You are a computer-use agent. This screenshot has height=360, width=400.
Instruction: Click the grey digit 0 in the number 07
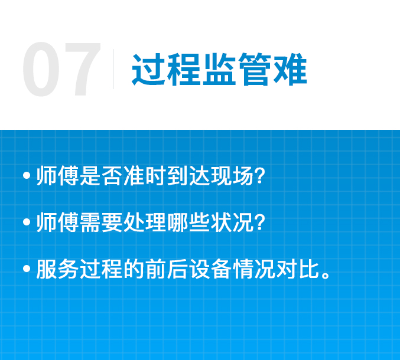[41, 69]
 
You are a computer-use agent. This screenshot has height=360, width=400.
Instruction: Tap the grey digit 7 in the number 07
[82, 69]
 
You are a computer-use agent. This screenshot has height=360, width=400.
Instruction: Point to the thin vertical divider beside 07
[113, 69]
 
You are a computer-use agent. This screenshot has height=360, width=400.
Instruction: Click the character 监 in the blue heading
[219, 69]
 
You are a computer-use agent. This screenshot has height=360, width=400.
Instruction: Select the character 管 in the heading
[255, 69]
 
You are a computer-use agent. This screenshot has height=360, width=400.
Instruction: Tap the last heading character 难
[290, 69]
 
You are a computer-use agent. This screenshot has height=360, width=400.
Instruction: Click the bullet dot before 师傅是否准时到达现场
[27, 175]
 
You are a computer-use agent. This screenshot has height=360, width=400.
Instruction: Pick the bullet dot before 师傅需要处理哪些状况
[27, 222]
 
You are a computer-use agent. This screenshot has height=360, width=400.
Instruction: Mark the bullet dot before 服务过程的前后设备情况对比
[27, 269]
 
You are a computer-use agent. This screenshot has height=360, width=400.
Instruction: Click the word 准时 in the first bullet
[145, 175]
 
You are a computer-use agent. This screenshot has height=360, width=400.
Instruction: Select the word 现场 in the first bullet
[232, 175]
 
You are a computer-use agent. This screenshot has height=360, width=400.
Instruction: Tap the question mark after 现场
[260, 175]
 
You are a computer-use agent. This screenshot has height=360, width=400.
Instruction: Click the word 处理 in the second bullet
[145, 222]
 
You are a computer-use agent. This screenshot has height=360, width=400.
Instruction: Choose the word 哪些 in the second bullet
[189, 222]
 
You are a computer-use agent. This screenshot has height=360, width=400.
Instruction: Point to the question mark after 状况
[260, 222]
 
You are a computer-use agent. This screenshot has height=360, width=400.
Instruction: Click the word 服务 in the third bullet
[58, 269]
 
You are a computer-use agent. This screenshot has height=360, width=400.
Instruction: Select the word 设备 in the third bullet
[211, 269]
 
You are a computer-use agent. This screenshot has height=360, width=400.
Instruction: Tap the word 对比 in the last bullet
[298, 269]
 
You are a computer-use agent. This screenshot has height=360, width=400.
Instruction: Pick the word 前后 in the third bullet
[167, 269]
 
